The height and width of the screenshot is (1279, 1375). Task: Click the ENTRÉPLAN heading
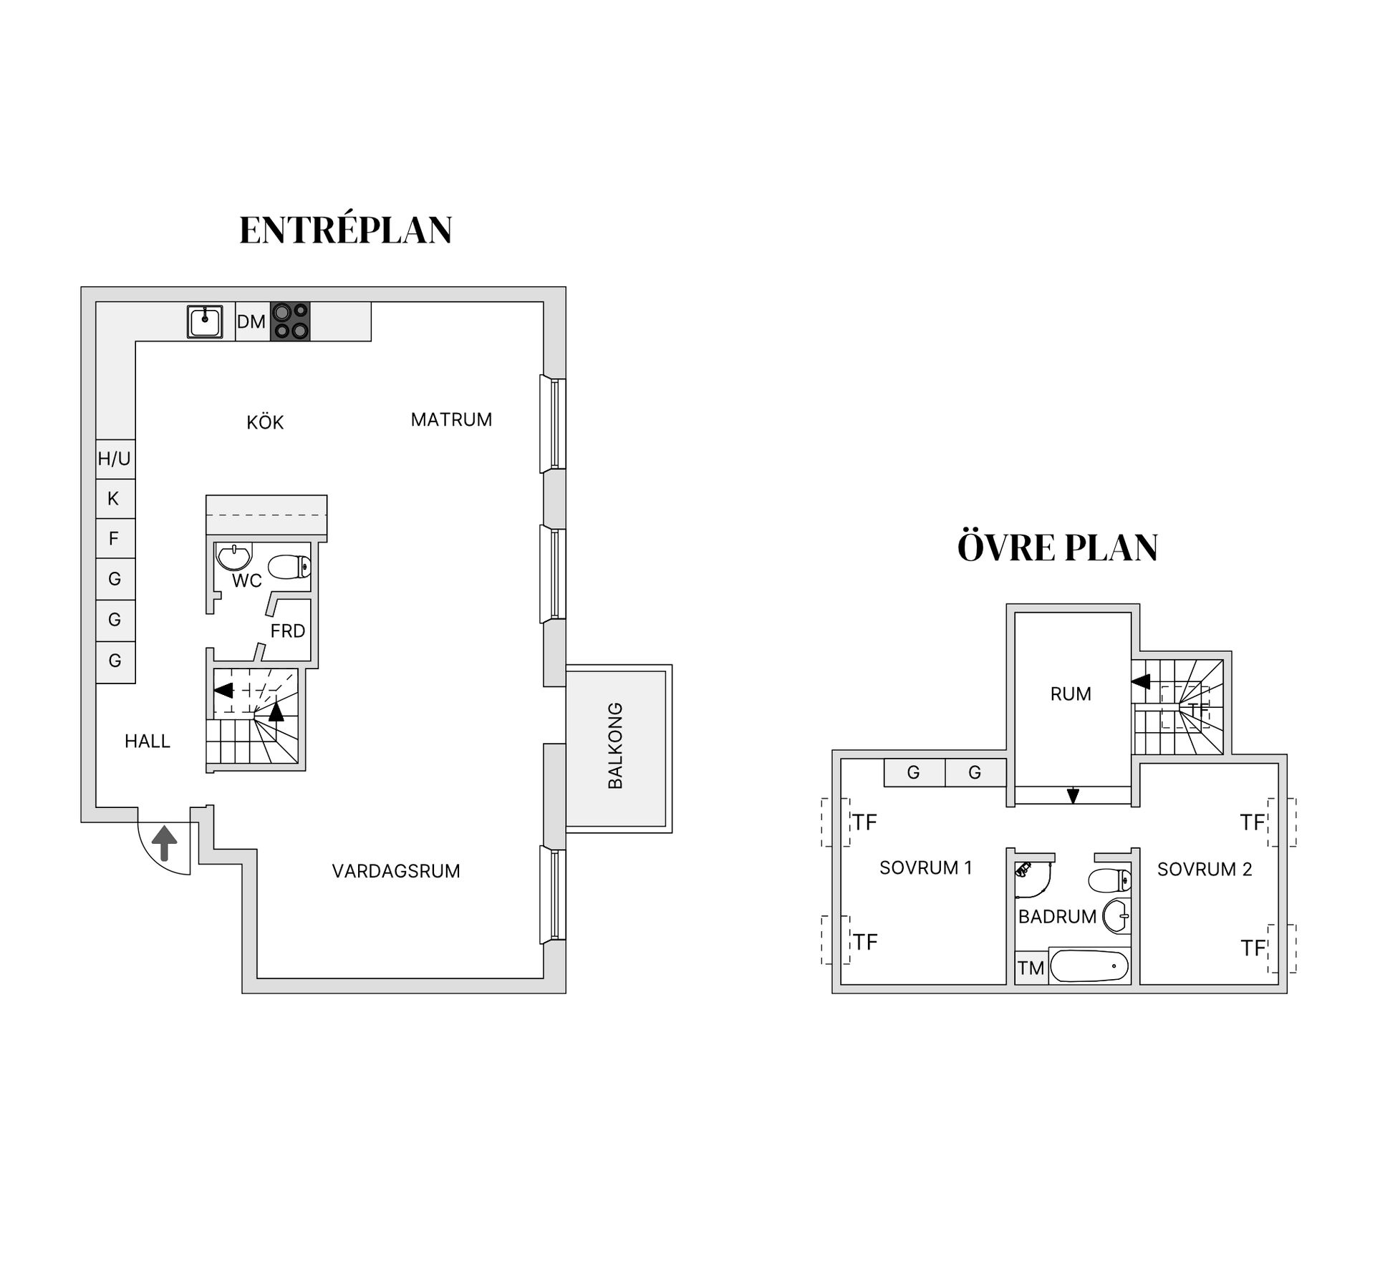pos(345,230)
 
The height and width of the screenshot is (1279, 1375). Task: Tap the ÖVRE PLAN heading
pos(1057,548)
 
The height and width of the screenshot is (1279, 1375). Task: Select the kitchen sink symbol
pos(205,321)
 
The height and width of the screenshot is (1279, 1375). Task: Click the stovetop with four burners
pos(290,321)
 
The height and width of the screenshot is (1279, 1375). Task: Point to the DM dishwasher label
pos(251,322)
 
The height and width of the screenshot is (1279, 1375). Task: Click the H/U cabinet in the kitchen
pos(115,459)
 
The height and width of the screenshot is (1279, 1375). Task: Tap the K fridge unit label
pos(113,499)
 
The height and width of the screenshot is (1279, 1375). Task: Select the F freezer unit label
pos(113,538)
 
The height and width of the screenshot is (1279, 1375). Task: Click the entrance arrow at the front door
pos(165,842)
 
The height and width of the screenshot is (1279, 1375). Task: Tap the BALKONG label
pos(615,746)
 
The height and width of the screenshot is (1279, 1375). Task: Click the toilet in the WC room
pos(289,568)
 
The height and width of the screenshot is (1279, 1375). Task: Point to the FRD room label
pos(288,631)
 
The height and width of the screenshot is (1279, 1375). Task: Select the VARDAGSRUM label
pos(396,871)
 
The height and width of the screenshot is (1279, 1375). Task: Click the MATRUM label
pos(451,420)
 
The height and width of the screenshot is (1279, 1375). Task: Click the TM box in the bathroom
pos(1031,968)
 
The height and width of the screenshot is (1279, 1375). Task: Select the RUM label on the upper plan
pos(1071,694)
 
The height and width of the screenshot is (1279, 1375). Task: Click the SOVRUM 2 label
pos(1205,870)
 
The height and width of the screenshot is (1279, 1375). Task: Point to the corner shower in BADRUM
pos(1031,880)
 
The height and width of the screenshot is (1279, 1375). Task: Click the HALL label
pos(148,741)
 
